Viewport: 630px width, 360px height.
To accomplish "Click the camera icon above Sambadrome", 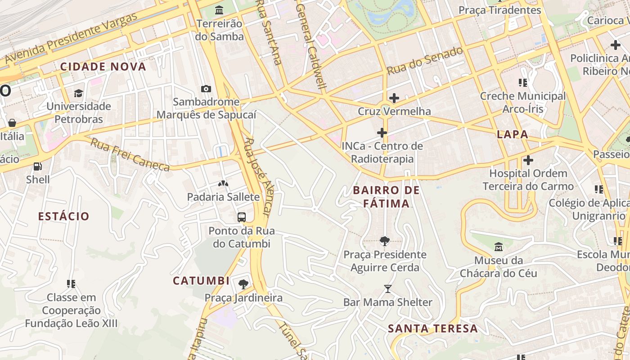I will pyautogui.click(x=206, y=89).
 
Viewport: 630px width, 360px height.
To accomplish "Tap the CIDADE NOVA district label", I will pyautogui.click(x=103, y=67).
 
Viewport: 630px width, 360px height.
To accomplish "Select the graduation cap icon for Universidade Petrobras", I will pyautogui.click(x=79, y=93).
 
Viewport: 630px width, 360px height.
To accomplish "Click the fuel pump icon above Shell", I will pyautogui.click(x=38, y=166).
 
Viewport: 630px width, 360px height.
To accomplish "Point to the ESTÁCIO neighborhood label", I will pyautogui.click(x=63, y=216).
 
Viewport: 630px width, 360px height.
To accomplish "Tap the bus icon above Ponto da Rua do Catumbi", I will pyautogui.click(x=242, y=217).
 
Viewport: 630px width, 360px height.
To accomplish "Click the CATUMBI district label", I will pyautogui.click(x=201, y=281).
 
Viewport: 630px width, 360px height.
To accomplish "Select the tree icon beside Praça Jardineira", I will pyautogui.click(x=243, y=284).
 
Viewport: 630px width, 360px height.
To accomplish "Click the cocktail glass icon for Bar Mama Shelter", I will pyautogui.click(x=388, y=288).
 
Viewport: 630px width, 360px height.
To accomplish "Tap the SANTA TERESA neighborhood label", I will pyautogui.click(x=432, y=328).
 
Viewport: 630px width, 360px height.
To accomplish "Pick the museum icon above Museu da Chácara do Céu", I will pyautogui.click(x=499, y=247).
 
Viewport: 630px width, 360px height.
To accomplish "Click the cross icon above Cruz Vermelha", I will pyautogui.click(x=394, y=98).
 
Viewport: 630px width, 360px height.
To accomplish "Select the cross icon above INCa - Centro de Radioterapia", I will pyautogui.click(x=382, y=133).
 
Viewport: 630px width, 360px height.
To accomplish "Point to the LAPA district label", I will pyautogui.click(x=512, y=134).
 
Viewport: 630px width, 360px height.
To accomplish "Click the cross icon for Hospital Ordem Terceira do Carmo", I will pyautogui.click(x=528, y=160).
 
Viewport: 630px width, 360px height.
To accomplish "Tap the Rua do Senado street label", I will pyautogui.click(x=425, y=60).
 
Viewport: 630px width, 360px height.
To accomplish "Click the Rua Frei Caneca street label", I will pyautogui.click(x=130, y=155).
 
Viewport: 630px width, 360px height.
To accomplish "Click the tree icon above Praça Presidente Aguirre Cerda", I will pyautogui.click(x=385, y=241).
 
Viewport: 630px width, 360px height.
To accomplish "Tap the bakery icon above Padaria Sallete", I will pyautogui.click(x=223, y=184).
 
